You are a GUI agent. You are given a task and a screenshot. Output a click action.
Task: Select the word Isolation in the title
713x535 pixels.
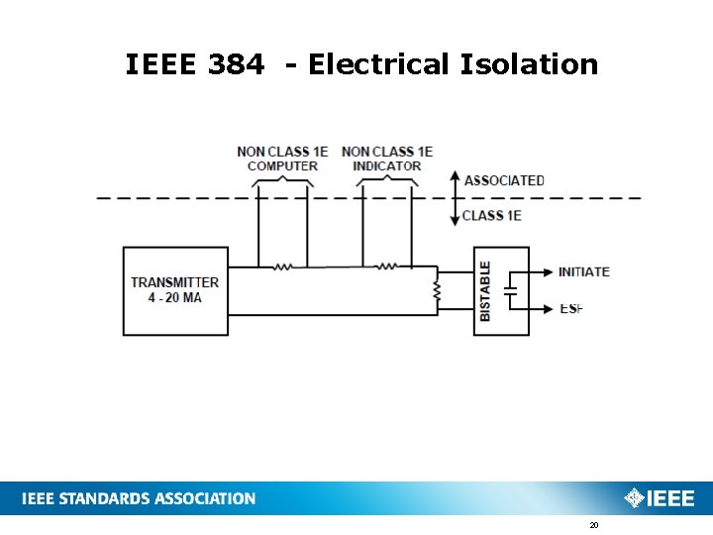pyautogui.click(x=529, y=65)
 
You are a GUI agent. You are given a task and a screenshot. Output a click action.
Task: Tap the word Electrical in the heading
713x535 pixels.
pyautogui.click(x=378, y=65)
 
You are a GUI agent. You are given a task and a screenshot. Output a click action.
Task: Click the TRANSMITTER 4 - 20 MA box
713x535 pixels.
pyautogui.click(x=174, y=290)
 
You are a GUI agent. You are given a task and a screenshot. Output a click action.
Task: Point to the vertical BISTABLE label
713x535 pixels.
pyautogui.click(x=485, y=290)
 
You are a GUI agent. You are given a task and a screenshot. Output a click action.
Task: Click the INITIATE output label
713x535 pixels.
pyautogui.click(x=583, y=271)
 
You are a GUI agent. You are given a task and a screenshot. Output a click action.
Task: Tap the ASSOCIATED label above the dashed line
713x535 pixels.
pyautogui.click(x=504, y=180)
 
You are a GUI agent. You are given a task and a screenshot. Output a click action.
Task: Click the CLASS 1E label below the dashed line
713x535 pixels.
pyautogui.click(x=492, y=215)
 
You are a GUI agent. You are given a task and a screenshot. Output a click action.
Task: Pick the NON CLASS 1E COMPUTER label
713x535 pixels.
pyautogui.click(x=282, y=159)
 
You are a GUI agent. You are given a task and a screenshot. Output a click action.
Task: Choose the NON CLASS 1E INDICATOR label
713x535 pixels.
pyautogui.click(x=387, y=159)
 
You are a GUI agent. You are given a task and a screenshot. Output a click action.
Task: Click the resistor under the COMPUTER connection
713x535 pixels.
pyautogui.click(x=283, y=266)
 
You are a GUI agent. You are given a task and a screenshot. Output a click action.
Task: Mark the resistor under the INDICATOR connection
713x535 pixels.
pyautogui.click(x=388, y=266)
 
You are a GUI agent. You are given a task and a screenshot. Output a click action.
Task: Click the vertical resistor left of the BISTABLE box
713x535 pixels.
pyautogui.click(x=437, y=290)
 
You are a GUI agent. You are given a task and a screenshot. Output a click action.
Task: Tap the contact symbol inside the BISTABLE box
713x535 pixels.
pyautogui.click(x=510, y=290)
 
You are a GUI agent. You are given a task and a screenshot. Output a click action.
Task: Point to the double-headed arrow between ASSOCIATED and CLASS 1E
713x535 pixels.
pyautogui.click(x=453, y=198)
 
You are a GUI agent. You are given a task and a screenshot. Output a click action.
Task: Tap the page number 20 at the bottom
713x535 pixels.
pyautogui.click(x=594, y=525)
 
